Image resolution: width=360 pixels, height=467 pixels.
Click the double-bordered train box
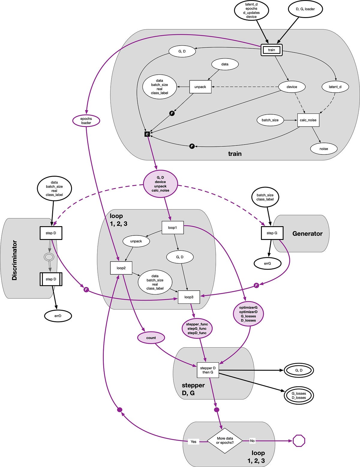[271, 50]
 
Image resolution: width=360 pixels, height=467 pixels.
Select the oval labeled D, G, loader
[305, 9]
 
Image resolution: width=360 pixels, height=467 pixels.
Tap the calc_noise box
[308, 120]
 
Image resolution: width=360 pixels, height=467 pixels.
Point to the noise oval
[324, 149]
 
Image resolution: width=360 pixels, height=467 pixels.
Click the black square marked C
[147, 134]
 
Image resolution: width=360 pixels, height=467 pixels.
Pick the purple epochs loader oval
[86, 121]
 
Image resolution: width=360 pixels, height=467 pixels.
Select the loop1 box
[172, 228]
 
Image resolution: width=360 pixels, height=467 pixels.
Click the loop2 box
[121, 268]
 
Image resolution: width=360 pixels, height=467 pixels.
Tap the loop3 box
[189, 297]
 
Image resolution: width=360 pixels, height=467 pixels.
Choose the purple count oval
[151, 338]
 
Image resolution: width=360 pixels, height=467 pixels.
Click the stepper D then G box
[208, 370]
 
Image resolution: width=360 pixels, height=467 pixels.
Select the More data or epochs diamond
[225, 441]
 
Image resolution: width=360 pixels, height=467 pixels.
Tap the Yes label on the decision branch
[193, 442]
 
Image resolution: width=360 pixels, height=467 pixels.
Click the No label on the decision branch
[252, 441]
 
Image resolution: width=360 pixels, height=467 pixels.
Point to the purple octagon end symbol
[299, 441]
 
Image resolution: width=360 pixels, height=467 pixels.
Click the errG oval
[267, 264]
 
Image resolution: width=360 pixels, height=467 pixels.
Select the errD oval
[58, 316]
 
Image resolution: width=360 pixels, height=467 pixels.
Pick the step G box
[272, 233]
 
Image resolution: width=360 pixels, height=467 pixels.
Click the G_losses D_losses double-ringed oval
[299, 396]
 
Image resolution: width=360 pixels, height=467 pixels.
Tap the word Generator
[307, 234]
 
